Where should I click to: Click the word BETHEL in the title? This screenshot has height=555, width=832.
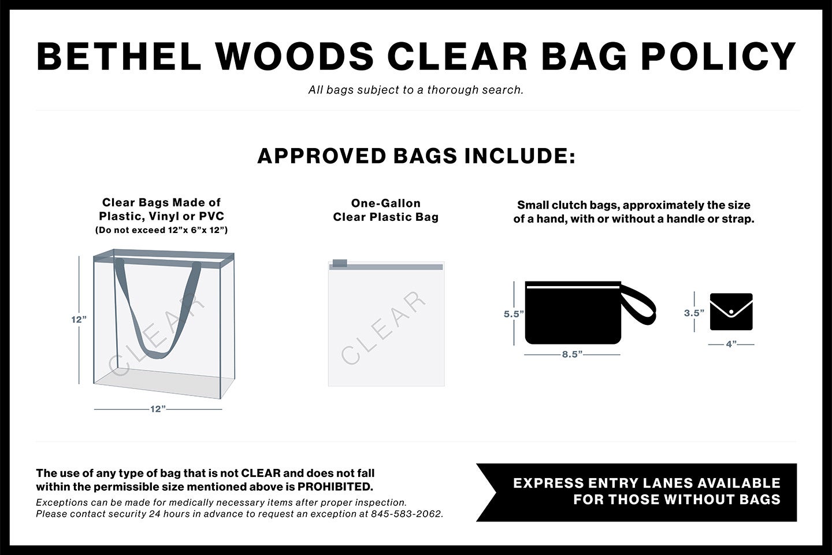point(119,57)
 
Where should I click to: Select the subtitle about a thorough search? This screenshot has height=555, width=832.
point(415,90)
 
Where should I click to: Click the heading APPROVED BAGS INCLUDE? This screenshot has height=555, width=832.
point(416,156)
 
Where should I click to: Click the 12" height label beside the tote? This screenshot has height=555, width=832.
point(79,320)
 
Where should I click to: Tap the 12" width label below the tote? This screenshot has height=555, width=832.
point(158,409)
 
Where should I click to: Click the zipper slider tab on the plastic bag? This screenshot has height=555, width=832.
point(340,263)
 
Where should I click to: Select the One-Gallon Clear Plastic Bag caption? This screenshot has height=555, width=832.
point(385,210)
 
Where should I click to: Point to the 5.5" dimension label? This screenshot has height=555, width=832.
point(514,314)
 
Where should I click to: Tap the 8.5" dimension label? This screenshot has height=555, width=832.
point(572,354)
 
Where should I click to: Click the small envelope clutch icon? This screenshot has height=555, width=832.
point(731,312)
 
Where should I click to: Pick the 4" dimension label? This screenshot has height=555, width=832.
point(731,344)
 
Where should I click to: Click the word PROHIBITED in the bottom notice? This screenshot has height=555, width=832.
point(335,487)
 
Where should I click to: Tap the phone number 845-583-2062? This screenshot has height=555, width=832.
point(407,514)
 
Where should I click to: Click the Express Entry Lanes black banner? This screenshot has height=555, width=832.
point(637,492)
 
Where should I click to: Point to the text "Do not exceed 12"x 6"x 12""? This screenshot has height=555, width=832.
point(161,230)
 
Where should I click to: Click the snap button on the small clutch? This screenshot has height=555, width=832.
point(731,312)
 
